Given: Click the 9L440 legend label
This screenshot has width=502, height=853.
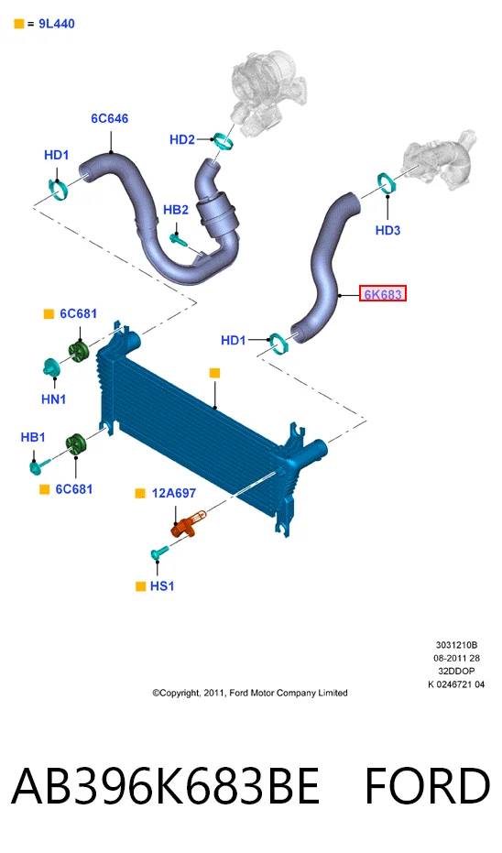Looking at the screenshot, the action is click(57, 24).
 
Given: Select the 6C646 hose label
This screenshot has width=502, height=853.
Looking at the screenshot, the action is click(110, 118).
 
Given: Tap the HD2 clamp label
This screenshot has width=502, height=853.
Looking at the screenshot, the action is click(182, 140).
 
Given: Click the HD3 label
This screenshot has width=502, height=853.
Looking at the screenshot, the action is click(387, 231).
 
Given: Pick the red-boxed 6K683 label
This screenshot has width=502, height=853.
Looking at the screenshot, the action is click(383, 294).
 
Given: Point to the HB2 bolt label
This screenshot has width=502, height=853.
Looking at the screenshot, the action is click(176, 210).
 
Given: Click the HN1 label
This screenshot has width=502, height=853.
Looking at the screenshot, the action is click(54, 399).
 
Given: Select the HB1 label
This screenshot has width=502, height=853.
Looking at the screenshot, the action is click(33, 437).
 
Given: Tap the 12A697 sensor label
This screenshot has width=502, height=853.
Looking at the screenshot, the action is click(174, 494).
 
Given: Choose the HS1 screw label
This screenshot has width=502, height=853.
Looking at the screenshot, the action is click(162, 585).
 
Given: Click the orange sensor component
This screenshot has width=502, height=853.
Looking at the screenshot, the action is click(188, 523).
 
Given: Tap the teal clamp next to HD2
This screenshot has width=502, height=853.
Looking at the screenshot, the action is click(224, 141).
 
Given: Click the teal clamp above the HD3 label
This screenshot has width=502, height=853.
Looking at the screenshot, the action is click(387, 183).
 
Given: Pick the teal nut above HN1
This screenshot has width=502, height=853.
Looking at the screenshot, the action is click(51, 367).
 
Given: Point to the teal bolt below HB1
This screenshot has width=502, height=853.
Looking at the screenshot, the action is click(39, 465).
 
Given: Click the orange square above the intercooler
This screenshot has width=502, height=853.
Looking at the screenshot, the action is click(215, 373).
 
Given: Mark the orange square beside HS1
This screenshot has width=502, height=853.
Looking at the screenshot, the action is click(140, 585).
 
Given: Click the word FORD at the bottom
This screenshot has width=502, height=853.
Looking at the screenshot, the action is click(428, 786).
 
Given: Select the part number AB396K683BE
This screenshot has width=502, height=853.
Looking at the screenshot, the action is click(165, 786).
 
